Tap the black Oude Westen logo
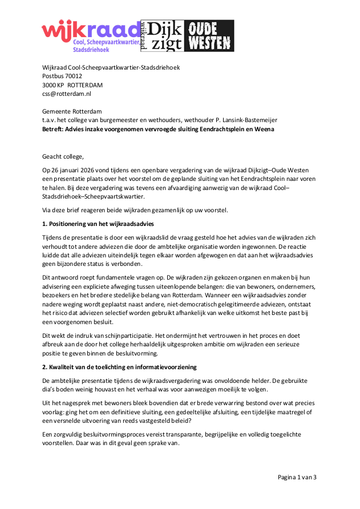coord(211,35)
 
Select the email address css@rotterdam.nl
coord(66,94)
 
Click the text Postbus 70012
coord(62,76)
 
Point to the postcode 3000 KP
coord(53,85)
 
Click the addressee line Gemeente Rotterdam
coord(68,111)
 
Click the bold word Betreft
coord(54,129)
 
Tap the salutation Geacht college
coord(66,156)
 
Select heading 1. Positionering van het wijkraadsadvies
coord(98,223)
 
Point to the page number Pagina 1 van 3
coord(297,477)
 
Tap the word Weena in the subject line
coord(263,129)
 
